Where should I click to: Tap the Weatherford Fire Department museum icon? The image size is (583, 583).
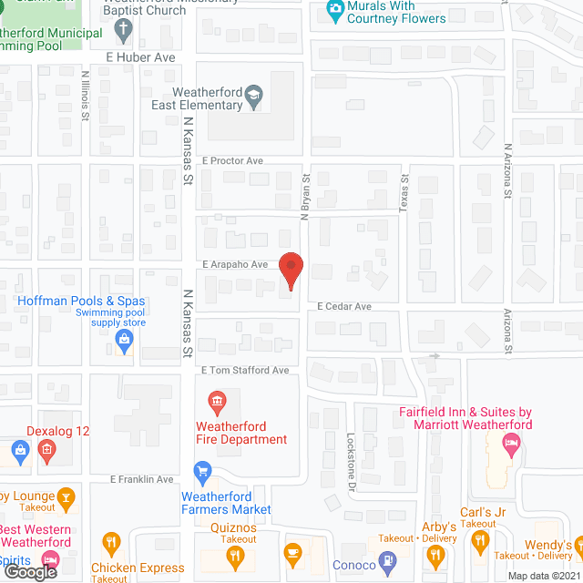tap(218, 401)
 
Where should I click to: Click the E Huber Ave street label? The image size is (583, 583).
tap(139, 56)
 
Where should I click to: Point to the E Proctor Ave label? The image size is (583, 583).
tap(233, 161)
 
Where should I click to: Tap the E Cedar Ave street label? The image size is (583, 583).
tap(344, 307)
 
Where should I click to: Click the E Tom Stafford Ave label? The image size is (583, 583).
tap(244, 371)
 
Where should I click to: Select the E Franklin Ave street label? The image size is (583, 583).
tap(141, 479)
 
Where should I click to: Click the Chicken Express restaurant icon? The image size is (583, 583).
tap(111, 544)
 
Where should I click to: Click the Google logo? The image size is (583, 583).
tap(31, 572)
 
